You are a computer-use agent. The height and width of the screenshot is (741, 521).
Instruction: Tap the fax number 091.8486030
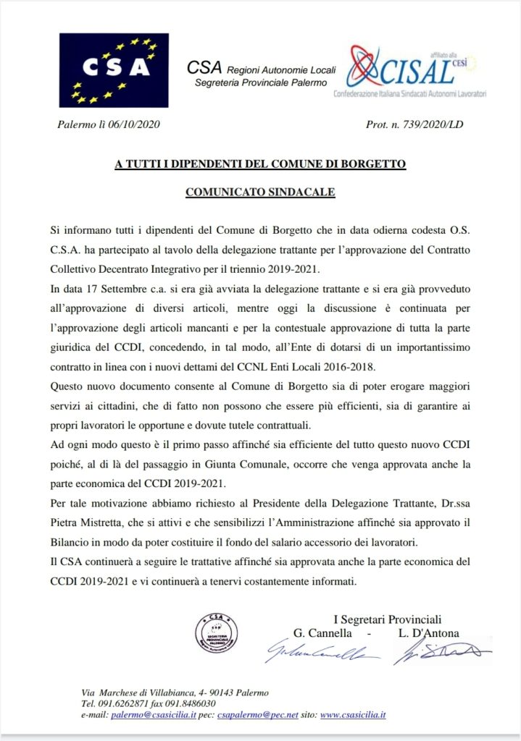pos(191,703)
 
